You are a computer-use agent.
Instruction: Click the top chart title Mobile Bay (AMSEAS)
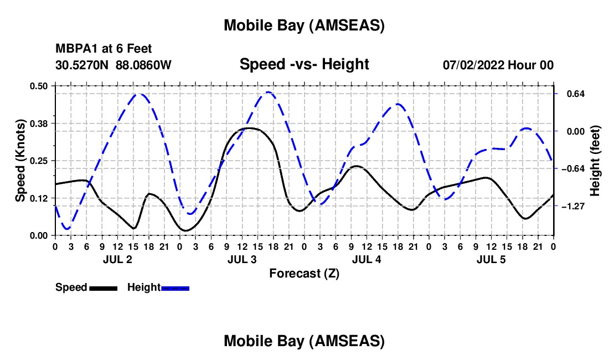click(x=304, y=25)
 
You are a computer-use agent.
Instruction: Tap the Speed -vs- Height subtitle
click(x=304, y=64)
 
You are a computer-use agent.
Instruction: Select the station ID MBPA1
click(x=74, y=49)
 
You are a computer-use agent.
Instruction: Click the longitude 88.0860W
click(x=143, y=65)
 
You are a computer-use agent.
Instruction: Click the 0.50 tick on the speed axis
click(x=40, y=85)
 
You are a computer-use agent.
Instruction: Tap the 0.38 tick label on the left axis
click(x=40, y=123)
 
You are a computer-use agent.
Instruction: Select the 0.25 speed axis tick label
click(x=40, y=161)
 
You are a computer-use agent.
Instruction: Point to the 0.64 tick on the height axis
click(x=571, y=94)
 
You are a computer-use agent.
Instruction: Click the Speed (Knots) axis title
click(x=20, y=160)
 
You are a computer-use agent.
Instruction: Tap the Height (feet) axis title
click(x=595, y=160)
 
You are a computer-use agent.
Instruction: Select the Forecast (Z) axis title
click(x=304, y=273)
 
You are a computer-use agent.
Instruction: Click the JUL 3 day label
click(x=242, y=259)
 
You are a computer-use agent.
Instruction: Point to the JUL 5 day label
click(x=491, y=259)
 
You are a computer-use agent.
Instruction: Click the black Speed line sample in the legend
click(x=102, y=288)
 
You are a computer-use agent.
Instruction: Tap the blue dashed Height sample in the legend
click(x=175, y=288)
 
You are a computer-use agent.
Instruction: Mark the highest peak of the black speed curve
click(x=249, y=128)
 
